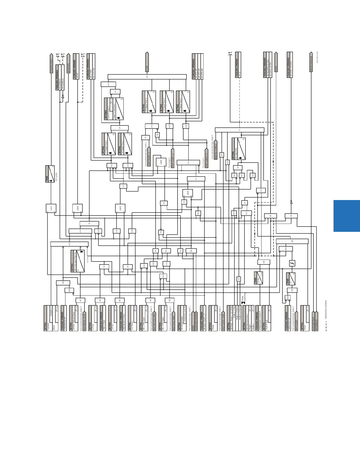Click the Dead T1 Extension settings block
click(114, 109)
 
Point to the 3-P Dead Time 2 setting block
click(149, 102)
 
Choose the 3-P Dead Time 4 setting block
click(183, 102)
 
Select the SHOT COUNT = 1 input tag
click(149, 157)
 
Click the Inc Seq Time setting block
click(239, 149)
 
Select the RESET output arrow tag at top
click(276, 62)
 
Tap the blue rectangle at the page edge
click(347, 216)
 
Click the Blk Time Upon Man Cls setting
click(78, 261)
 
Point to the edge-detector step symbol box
click(292, 263)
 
